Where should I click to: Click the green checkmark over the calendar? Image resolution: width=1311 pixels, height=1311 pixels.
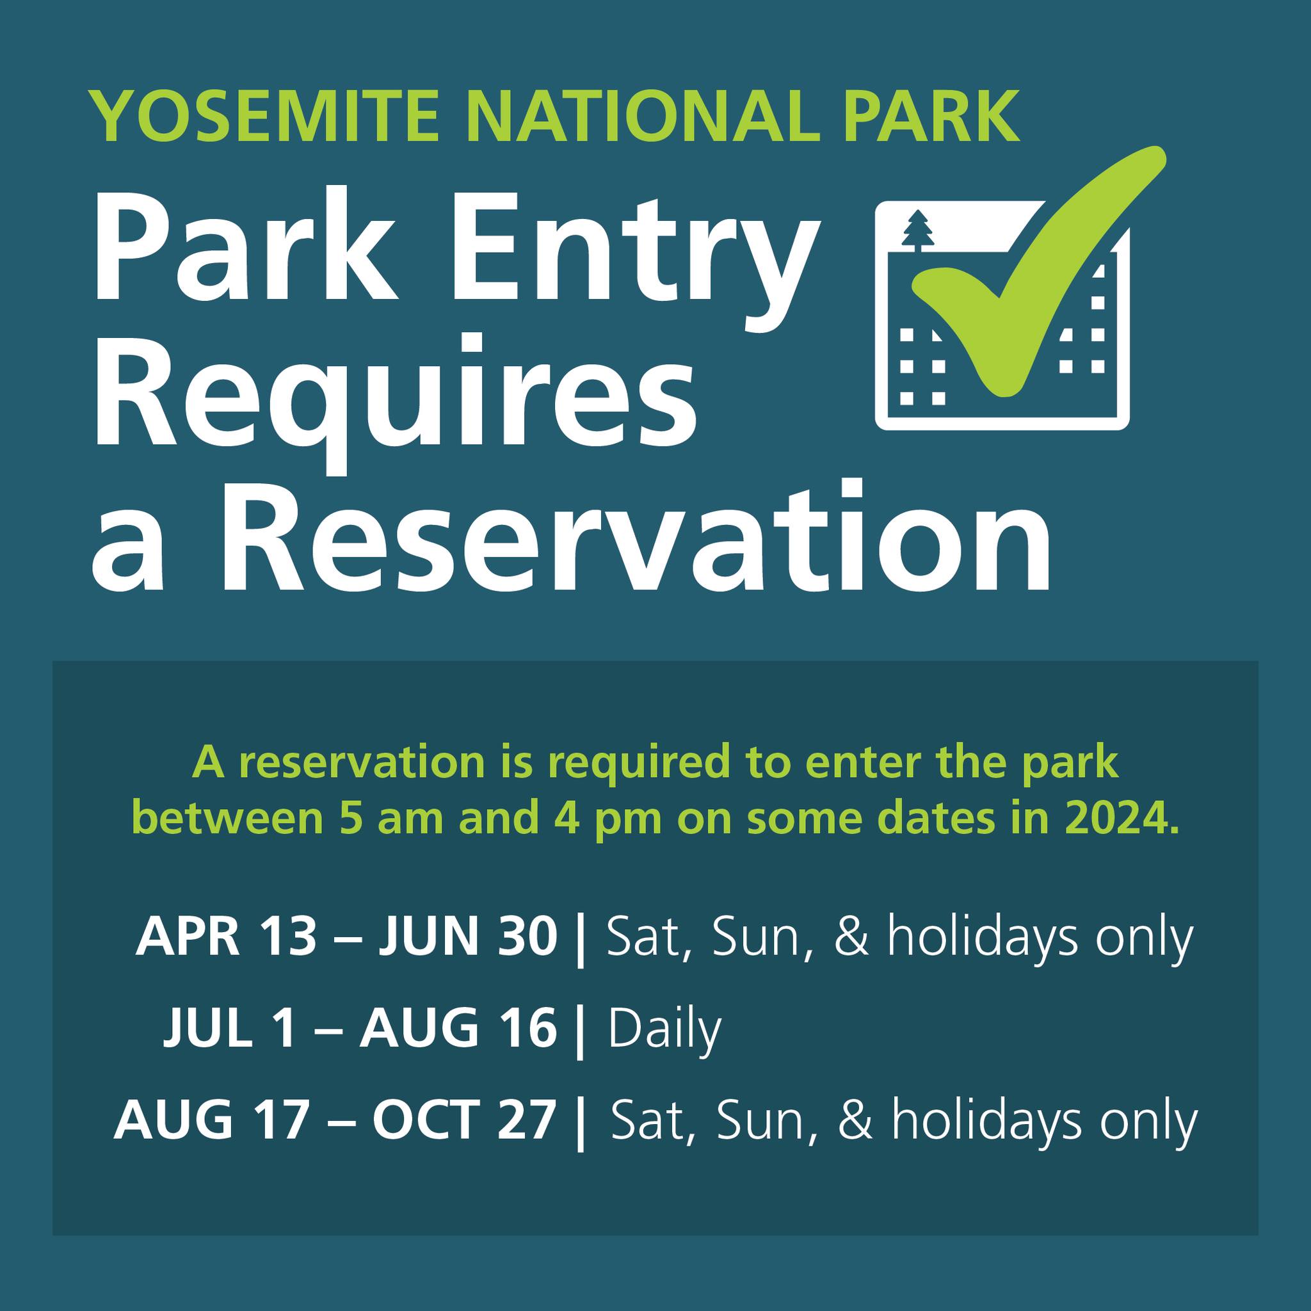tap(1038, 271)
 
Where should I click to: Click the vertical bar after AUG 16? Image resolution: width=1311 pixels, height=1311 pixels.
tap(579, 1031)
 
